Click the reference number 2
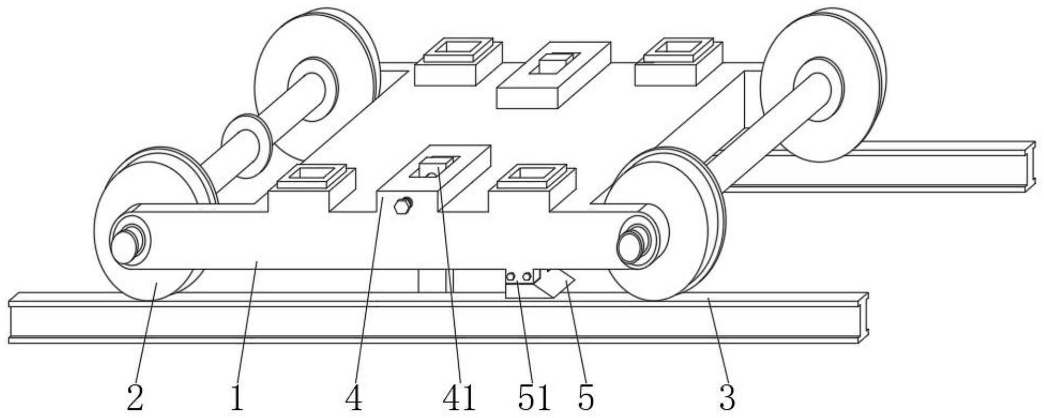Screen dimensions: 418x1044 (135, 398)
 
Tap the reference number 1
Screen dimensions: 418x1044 (236, 398)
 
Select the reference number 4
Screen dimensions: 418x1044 (354, 398)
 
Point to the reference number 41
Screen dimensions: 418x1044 (459, 398)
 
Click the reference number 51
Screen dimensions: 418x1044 (534, 398)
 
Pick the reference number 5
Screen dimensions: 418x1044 (586, 398)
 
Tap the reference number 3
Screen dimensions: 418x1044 (727, 398)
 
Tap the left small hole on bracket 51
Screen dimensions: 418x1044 (510, 277)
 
